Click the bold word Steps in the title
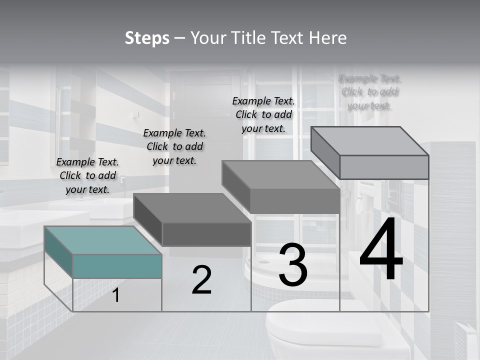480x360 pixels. point(146,38)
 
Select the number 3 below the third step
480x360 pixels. point(292,265)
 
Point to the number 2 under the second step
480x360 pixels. point(201,280)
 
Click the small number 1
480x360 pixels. point(116,295)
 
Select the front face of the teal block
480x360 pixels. point(117,266)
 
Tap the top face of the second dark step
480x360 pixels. point(192,208)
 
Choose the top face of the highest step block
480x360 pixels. point(370,141)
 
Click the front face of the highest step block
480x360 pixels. point(384,167)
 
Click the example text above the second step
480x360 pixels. point(174,147)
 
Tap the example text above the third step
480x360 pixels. point(263,115)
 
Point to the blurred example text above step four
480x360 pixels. point(370,92)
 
